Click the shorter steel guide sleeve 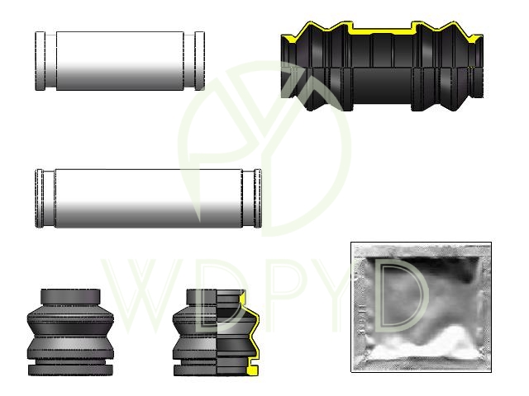[120, 61]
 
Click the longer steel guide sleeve [149, 198]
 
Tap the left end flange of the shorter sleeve [41, 61]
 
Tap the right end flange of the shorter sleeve [200, 61]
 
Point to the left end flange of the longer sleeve [39, 198]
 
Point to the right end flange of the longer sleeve [258, 198]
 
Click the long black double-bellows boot [382, 66]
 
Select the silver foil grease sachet [421, 307]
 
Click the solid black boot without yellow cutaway [70, 332]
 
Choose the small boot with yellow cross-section [216, 332]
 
